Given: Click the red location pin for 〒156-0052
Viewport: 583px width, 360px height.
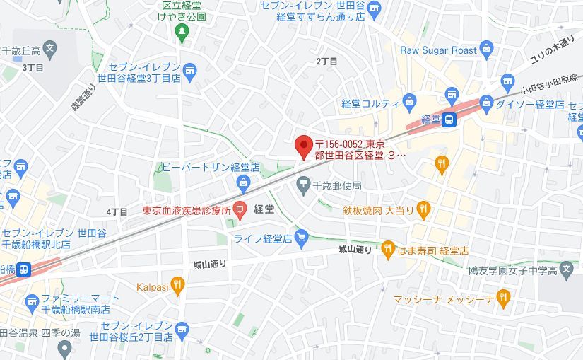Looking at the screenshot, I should pos(303,146).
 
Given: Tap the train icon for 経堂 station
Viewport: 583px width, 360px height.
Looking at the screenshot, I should pos(449,120).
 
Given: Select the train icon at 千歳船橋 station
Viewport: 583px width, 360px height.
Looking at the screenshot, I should pos(24,269).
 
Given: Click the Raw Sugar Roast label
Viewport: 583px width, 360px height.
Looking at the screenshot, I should pos(438,50).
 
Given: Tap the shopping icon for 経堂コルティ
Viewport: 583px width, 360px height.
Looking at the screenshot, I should pos(409,103).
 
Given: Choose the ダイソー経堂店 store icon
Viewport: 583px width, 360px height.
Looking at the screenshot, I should pos(507,82).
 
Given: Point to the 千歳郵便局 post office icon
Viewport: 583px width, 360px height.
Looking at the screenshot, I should pos(303,185).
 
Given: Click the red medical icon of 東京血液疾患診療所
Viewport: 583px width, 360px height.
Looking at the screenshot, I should pos(240,209).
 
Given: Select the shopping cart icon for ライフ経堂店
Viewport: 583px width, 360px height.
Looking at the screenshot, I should pos(302,236).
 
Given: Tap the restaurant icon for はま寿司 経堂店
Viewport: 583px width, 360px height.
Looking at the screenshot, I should pos(388,249).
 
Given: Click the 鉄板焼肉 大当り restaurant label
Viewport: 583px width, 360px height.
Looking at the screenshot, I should pos(378,209).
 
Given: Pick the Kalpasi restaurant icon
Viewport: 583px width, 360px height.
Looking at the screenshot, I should pos(177,286).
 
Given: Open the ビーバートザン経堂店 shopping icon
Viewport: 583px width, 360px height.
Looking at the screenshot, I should pos(244,184).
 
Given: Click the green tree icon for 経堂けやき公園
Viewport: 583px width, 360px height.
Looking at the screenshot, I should pos(182,31).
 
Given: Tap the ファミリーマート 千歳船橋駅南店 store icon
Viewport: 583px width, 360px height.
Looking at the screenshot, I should pos(31,303).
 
